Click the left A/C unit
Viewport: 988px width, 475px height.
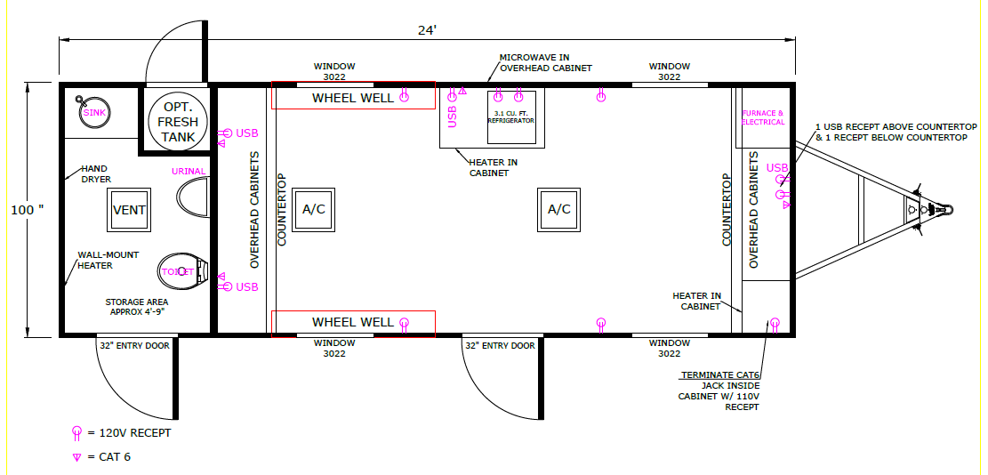(x=313, y=210)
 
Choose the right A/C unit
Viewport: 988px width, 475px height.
(x=558, y=210)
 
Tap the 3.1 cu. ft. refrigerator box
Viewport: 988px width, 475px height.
(x=511, y=117)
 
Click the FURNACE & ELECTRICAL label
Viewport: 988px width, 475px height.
(x=763, y=117)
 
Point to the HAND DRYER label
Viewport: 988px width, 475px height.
(x=96, y=173)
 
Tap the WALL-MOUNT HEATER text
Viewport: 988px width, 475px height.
(x=108, y=260)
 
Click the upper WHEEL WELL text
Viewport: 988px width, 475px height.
(x=353, y=98)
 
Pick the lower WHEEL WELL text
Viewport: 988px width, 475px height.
(x=353, y=323)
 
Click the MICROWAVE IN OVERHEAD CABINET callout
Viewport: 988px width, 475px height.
(x=546, y=62)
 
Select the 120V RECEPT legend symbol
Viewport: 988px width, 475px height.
(x=76, y=433)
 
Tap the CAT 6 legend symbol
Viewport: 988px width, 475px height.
(x=76, y=457)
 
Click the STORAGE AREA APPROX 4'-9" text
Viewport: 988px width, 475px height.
(x=137, y=306)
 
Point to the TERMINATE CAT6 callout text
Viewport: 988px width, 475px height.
(x=719, y=390)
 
